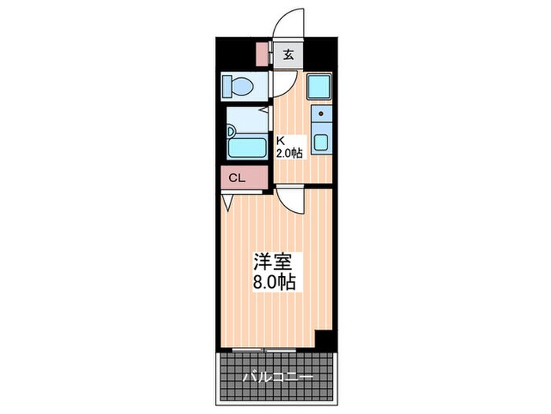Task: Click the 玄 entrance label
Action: click(x=288, y=55)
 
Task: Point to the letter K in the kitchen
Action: click(x=279, y=142)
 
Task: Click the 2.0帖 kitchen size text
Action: click(x=288, y=154)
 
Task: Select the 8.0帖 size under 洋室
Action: click(x=273, y=282)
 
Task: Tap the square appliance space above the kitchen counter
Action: click(x=319, y=86)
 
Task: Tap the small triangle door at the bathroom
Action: click(x=227, y=203)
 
